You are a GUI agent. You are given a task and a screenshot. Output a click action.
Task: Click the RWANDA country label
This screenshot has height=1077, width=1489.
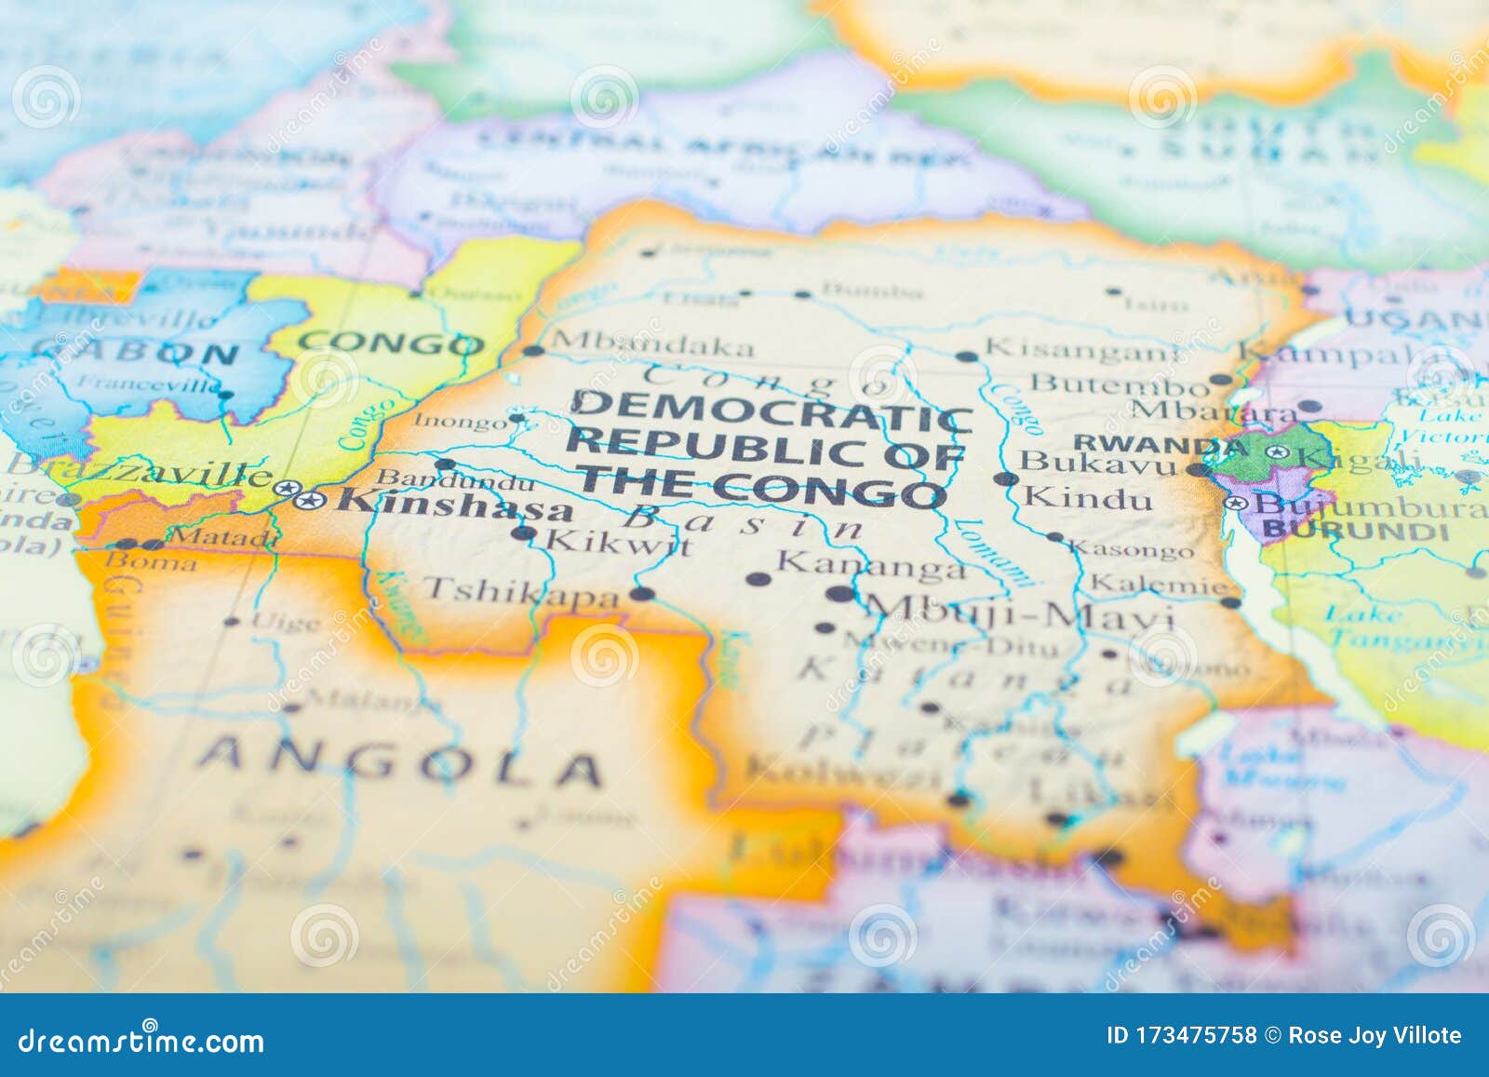[1147, 443]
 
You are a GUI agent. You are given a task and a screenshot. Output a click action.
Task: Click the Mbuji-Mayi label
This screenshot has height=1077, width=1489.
[1019, 614]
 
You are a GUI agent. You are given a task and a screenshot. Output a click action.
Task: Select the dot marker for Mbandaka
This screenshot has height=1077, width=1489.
[532, 351]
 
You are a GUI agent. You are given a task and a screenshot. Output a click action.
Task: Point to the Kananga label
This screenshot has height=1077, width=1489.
[870, 563]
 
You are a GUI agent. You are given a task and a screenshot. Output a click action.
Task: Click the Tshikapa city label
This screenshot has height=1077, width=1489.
[520, 591]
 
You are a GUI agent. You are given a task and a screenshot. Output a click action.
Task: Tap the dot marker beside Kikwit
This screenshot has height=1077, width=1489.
[524, 533]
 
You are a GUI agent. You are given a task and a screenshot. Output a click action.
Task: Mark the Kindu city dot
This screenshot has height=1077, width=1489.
[1006, 479]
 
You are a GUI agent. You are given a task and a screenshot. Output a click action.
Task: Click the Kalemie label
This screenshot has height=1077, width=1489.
[1159, 586]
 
